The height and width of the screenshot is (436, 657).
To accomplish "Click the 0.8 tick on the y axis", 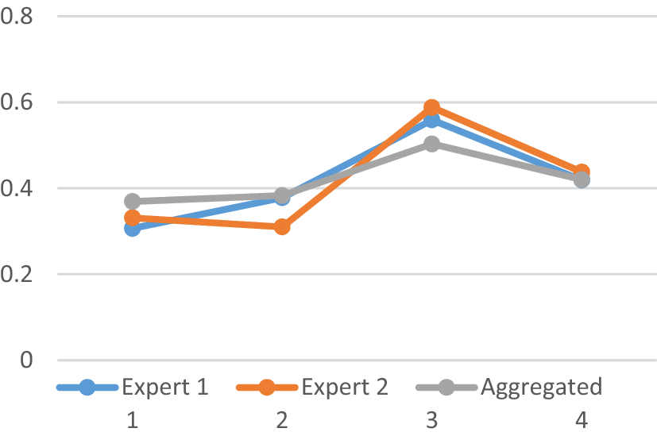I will click(20, 16).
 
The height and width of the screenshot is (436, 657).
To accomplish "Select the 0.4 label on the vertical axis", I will click(20, 188).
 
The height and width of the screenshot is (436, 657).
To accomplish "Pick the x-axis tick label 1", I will click(132, 419).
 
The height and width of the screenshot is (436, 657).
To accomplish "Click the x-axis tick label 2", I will click(282, 419).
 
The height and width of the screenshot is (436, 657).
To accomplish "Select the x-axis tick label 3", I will click(431, 419).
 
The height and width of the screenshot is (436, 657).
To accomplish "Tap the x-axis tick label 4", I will click(582, 419).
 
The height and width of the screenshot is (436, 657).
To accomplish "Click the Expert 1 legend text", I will click(164, 388).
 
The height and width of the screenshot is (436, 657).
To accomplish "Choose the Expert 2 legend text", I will click(344, 388).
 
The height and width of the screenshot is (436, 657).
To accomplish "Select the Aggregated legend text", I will click(541, 388).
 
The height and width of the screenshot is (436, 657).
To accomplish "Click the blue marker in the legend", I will click(87, 388).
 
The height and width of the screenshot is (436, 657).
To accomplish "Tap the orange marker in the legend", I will click(267, 388).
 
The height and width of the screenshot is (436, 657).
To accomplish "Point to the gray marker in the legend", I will click(446, 388).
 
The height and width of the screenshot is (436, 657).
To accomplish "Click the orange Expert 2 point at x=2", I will click(282, 227).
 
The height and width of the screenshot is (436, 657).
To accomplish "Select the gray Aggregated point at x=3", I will click(431, 144).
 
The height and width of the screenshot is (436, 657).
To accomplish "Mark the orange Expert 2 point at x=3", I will click(431, 107).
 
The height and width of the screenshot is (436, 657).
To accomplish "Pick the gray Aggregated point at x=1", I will click(132, 201).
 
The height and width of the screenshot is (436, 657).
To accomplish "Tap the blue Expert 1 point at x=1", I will click(132, 229).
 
